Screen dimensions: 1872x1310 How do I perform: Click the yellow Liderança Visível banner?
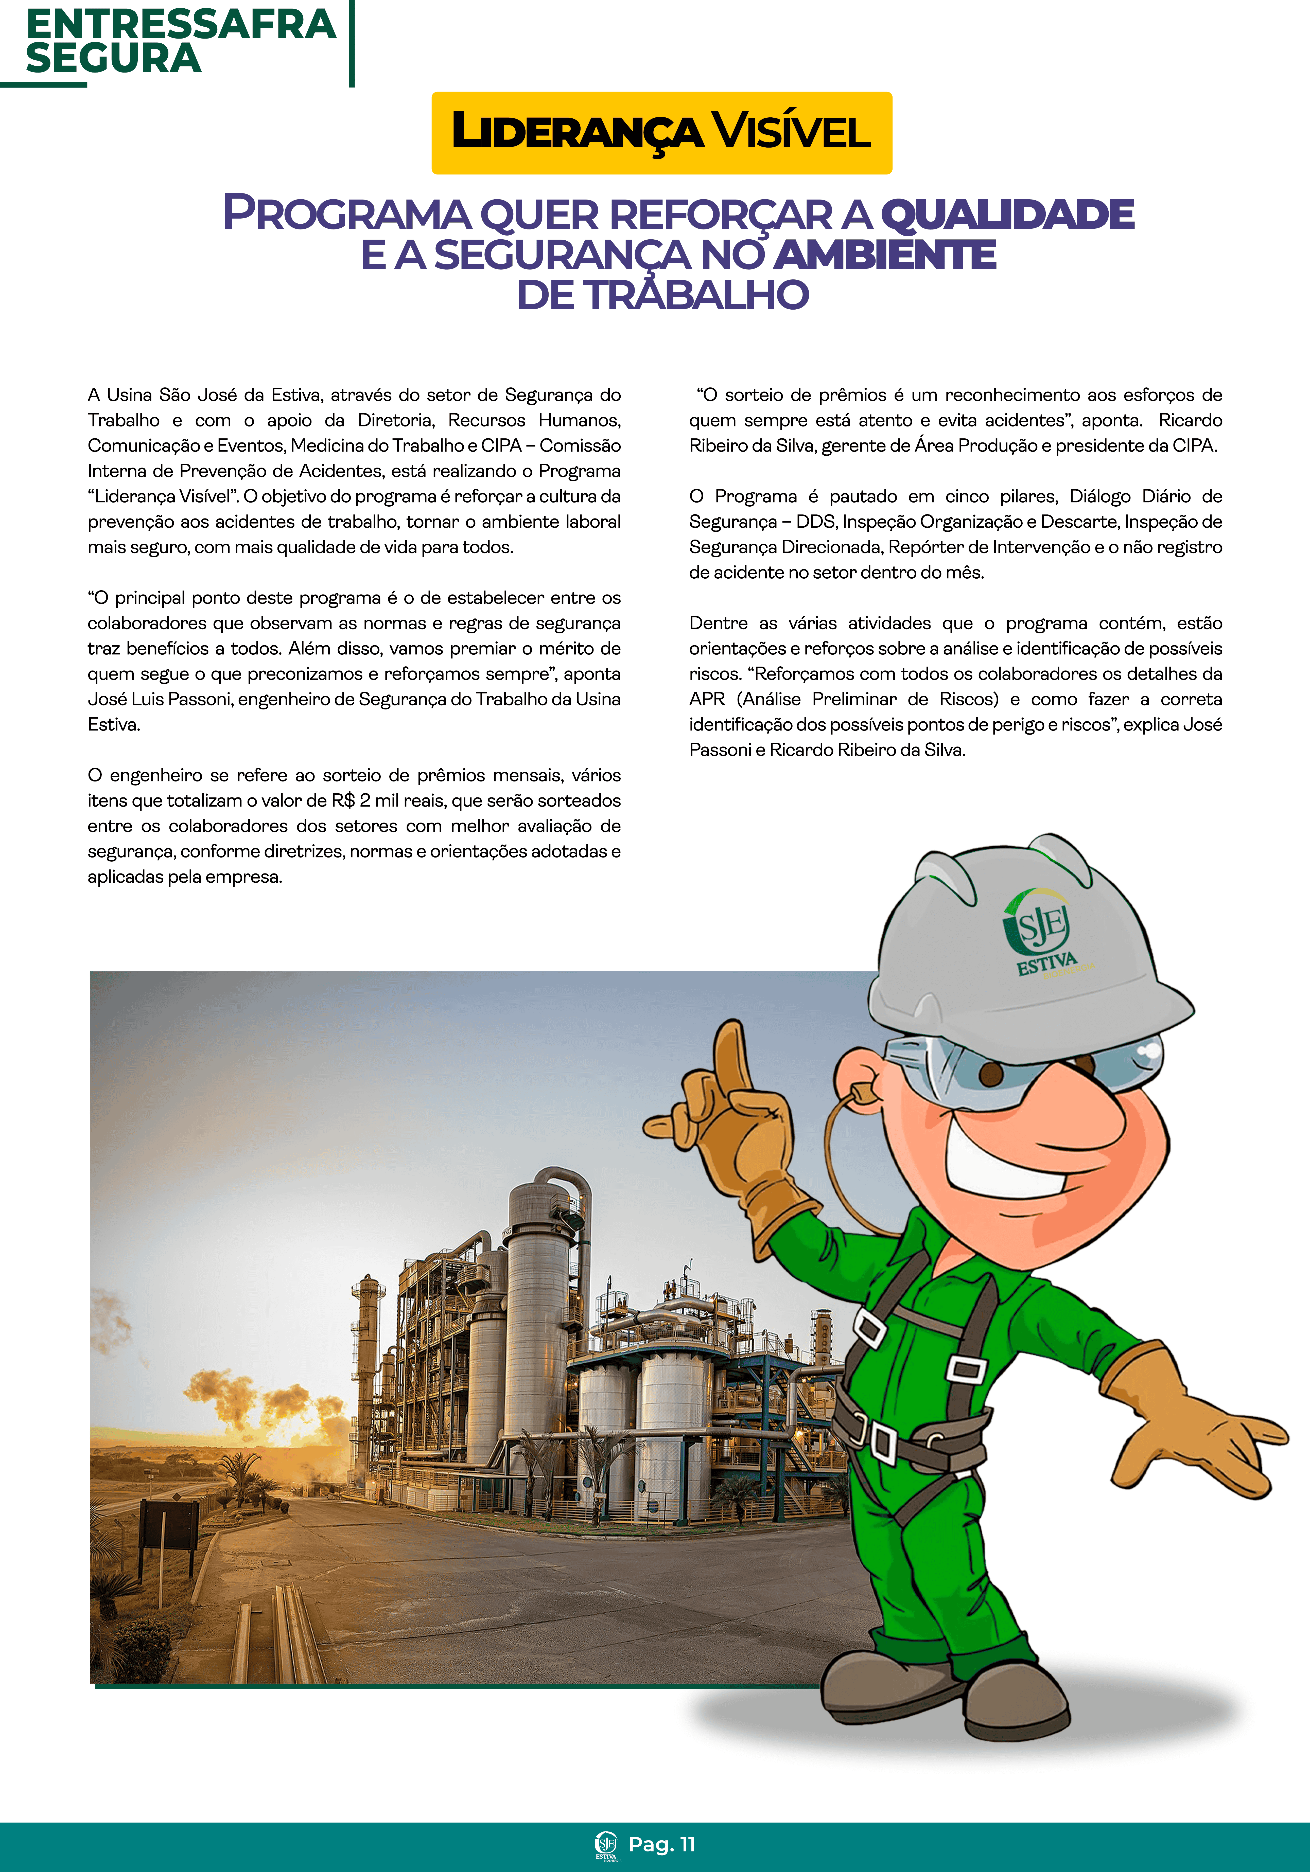click(661, 133)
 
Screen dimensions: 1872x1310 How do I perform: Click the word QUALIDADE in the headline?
click(1007, 215)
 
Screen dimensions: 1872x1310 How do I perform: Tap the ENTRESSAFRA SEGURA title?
click(180, 41)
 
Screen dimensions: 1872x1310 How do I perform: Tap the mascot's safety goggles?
click(1020, 1068)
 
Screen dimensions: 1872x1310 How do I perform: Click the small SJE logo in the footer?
click(606, 1845)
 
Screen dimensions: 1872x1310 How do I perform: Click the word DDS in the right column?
click(816, 522)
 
